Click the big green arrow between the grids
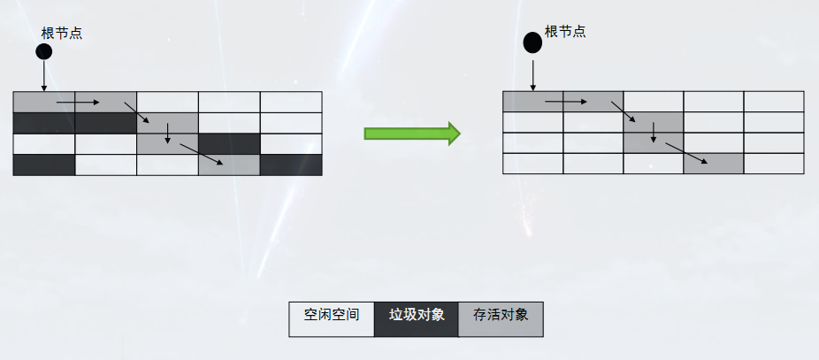coord(412,134)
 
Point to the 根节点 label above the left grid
coord(62,33)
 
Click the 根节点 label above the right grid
coord(565,32)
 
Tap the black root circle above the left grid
coord(43,52)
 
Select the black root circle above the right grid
coord(532,42)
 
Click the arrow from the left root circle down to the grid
coord(43,77)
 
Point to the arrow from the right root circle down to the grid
coord(532,73)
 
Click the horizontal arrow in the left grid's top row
coord(78,103)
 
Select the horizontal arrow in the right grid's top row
coord(565,102)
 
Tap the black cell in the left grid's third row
coord(229,143)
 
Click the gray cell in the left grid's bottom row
coord(229,165)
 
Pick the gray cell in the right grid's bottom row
coord(713,164)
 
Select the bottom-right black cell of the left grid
coord(291,165)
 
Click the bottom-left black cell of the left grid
coord(44,165)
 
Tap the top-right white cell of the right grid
coord(773,102)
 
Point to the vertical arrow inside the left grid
coord(167,134)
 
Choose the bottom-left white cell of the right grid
coord(532,164)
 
